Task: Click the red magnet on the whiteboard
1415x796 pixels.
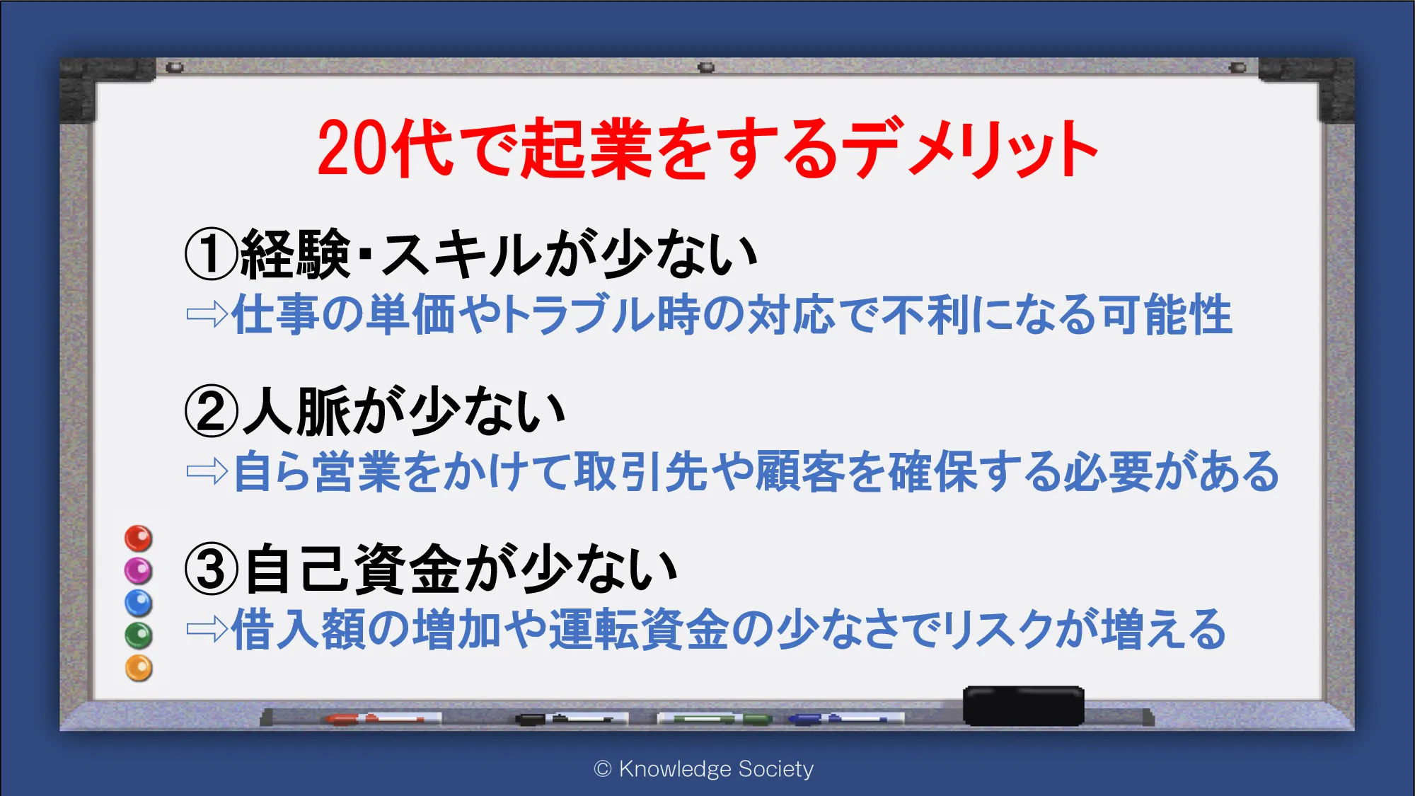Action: click(139, 538)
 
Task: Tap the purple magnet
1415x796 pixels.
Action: click(139, 570)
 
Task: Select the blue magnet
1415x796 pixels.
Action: click(139, 603)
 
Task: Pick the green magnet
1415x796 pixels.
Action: click(139, 635)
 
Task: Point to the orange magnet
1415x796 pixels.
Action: click(139, 668)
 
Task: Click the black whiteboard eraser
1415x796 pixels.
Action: click(1023, 705)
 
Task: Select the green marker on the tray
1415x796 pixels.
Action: click(715, 719)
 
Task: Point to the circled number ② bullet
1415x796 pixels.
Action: click(211, 412)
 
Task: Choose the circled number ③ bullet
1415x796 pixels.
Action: click(211, 569)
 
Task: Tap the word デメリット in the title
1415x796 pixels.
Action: click(974, 148)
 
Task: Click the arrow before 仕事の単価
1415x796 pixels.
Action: click(207, 314)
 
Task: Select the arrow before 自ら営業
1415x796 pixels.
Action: click(207, 471)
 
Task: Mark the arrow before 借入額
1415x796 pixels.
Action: click(207, 628)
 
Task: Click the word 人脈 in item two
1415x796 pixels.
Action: click(296, 411)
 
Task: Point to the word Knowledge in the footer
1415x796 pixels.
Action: click(675, 769)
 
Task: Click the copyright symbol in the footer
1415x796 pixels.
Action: click(603, 769)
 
